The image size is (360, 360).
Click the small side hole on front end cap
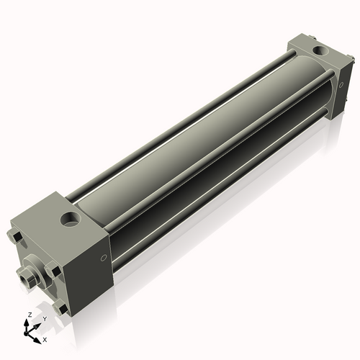tap(105, 258)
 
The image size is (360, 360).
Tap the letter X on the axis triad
tap(45, 338)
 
